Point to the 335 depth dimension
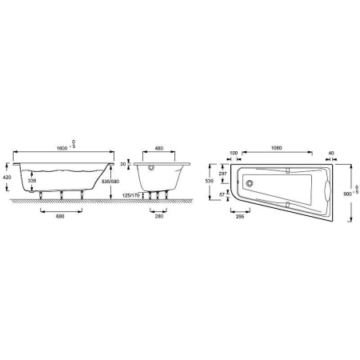tap(32, 182)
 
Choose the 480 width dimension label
tap(159, 150)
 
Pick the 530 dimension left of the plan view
tap(210, 182)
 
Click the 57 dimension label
tap(223, 195)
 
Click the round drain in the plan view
tap(250, 182)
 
